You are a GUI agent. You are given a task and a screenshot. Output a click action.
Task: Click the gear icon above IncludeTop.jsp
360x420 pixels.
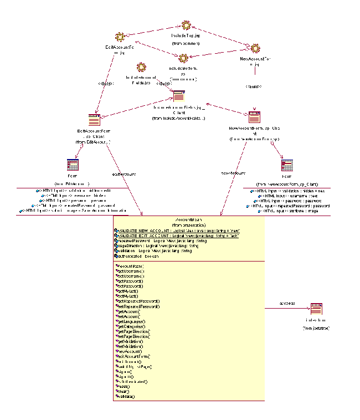[x=186, y=25]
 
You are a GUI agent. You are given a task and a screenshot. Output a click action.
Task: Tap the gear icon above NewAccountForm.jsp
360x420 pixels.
[x=254, y=49]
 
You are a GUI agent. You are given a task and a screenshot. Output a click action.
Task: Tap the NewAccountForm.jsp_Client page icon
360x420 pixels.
[x=254, y=117]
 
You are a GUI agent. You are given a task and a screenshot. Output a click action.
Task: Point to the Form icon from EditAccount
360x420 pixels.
[x=73, y=165]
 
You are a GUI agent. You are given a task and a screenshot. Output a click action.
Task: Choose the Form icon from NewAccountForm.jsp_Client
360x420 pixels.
[x=287, y=166]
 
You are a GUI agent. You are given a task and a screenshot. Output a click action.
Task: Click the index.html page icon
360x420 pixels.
[x=316, y=309]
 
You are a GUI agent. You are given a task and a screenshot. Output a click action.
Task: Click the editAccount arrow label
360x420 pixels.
[x=125, y=174]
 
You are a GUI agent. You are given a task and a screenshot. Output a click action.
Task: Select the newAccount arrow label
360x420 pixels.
[x=233, y=173]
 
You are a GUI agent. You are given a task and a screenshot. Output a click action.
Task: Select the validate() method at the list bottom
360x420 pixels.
[x=125, y=396]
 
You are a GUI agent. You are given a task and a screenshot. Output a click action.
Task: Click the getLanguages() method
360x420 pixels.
[x=131, y=321]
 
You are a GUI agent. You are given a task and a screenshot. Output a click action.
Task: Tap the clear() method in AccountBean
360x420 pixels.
[x=123, y=391]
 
